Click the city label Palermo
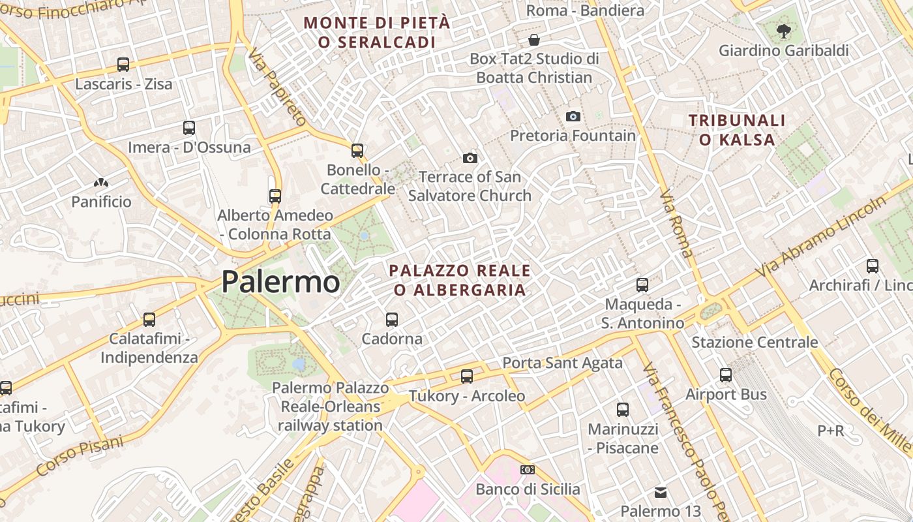tap(280, 282)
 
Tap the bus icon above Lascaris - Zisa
tap(123, 65)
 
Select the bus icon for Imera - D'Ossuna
tap(189, 128)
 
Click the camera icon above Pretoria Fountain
tap(573, 116)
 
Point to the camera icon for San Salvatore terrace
tap(470, 158)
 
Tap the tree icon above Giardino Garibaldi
tap(783, 31)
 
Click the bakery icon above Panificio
tap(101, 183)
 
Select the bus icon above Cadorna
tap(392, 320)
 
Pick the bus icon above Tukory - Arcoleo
tap(467, 376)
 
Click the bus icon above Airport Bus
tap(726, 375)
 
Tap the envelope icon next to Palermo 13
tap(661, 492)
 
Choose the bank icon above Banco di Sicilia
tap(527, 470)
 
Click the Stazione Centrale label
tap(755, 342)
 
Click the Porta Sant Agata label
tap(562, 363)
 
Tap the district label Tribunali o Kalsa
tap(737, 130)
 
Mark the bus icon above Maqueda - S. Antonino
tap(642, 285)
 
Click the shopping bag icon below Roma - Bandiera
tap(534, 40)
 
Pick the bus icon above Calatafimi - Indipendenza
tap(149, 320)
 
